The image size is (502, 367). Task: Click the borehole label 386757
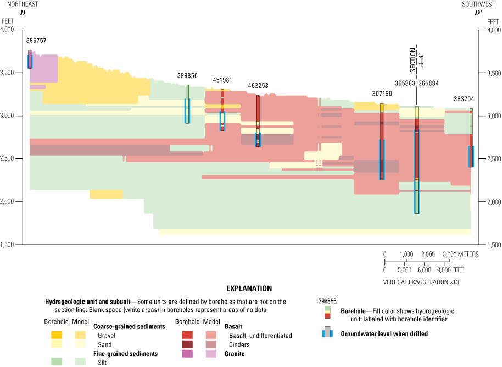click(x=36, y=41)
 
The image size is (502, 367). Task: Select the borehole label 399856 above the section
click(x=187, y=76)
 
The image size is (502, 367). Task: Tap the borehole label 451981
click(x=222, y=80)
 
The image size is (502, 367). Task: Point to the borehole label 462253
click(x=258, y=86)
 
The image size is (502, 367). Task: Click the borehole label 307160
click(x=382, y=94)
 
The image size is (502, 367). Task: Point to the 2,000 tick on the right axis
click(x=490, y=202)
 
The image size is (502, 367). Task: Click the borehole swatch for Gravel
click(x=56, y=335)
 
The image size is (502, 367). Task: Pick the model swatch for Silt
click(x=80, y=362)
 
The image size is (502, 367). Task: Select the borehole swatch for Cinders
click(x=187, y=344)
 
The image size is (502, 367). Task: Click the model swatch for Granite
click(x=211, y=354)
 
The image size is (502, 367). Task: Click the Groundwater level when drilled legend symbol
click(x=327, y=332)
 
